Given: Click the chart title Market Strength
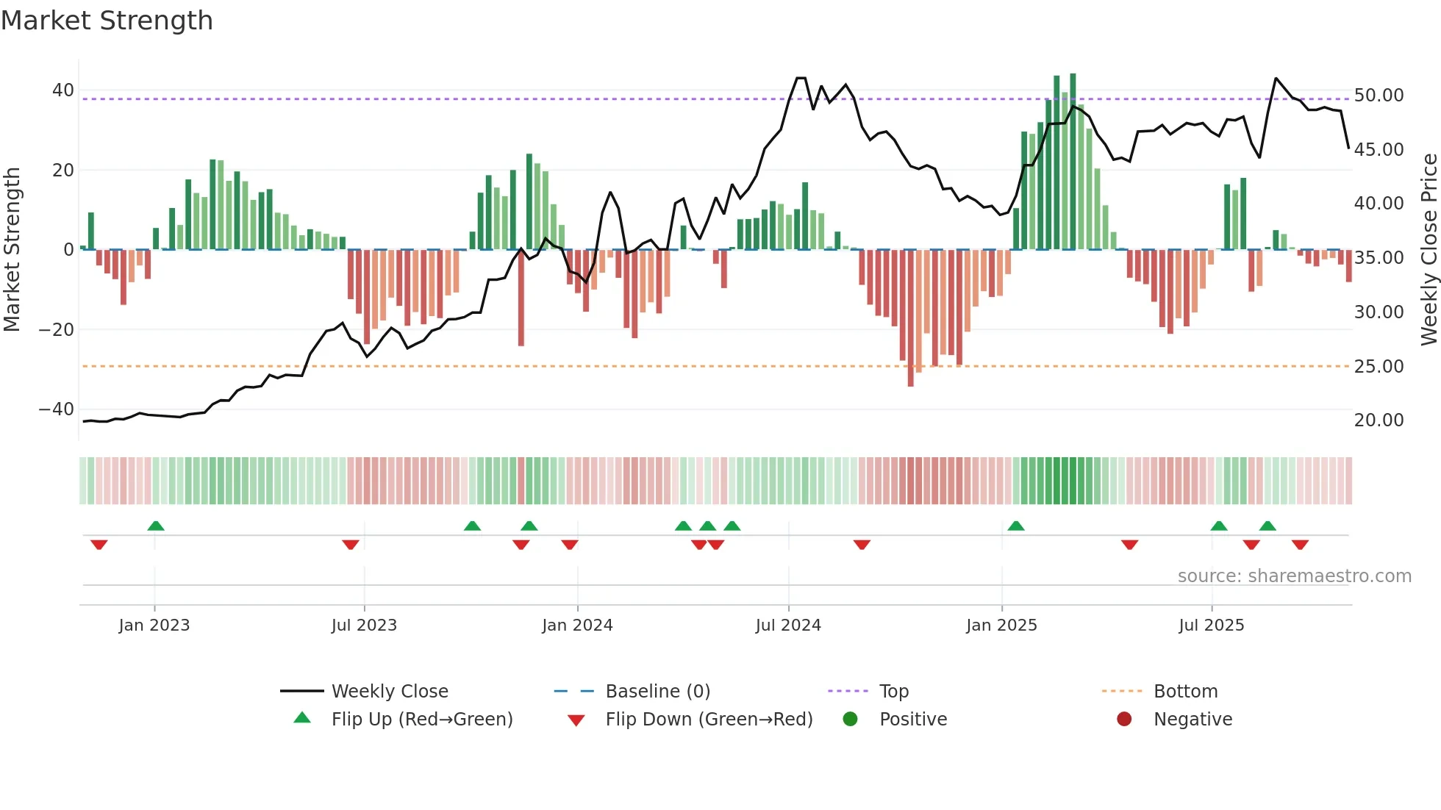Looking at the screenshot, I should click(x=107, y=21).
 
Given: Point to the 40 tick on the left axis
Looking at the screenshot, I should click(x=62, y=90).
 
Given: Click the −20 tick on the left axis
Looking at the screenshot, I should click(x=57, y=329).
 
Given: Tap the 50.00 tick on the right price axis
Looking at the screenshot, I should click(x=1379, y=96).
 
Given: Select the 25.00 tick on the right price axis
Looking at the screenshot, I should click(x=1379, y=366).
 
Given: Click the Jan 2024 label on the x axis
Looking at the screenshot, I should click(x=577, y=626).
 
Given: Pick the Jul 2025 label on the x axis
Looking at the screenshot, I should click(x=1211, y=626).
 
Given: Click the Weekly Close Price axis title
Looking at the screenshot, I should click(x=1429, y=250).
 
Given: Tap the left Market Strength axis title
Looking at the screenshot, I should click(x=12, y=250).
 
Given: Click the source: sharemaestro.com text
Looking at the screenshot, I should click(x=1294, y=576).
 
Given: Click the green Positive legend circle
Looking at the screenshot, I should click(x=851, y=720).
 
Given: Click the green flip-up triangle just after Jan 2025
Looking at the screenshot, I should click(x=1016, y=526).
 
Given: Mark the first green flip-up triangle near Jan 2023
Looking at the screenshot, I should click(x=156, y=526).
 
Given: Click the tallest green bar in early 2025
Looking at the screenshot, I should click(x=1073, y=162).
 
